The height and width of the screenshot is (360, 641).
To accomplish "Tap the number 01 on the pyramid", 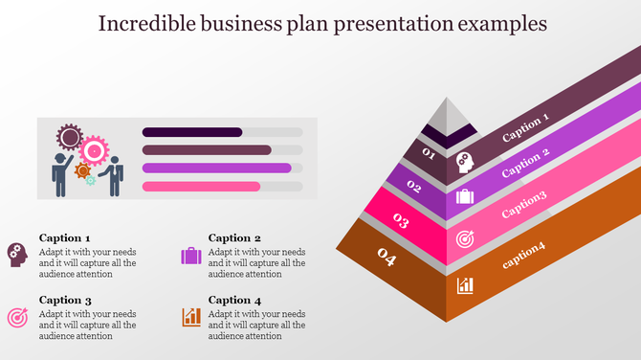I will tap(428, 154).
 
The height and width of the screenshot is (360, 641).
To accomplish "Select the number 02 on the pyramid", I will tap(414, 187).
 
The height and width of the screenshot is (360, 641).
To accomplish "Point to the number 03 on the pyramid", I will tap(401, 222).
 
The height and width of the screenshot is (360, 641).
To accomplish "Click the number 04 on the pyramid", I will tap(387, 257).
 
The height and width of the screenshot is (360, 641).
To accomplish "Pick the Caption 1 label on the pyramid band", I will tap(526, 128).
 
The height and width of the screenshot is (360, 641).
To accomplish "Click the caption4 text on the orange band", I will tap(523, 251).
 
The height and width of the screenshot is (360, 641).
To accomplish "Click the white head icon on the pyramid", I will tap(465, 161).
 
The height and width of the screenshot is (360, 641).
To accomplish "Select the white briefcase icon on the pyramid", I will tap(465, 196).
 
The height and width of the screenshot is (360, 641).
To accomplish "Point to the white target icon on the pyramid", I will tap(465, 237).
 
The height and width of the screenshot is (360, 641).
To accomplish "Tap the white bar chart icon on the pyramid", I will tap(466, 284).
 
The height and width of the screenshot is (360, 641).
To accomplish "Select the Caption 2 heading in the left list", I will tap(234, 238).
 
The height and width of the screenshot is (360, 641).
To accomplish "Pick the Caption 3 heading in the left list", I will tap(65, 300).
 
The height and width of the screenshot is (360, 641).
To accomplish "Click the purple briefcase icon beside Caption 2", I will tap(190, 256).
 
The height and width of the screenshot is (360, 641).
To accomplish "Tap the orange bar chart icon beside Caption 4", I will tap(191, 316).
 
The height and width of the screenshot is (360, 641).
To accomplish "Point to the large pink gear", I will tap(94, 150).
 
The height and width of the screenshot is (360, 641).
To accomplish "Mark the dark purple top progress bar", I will tap(191, 132).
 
